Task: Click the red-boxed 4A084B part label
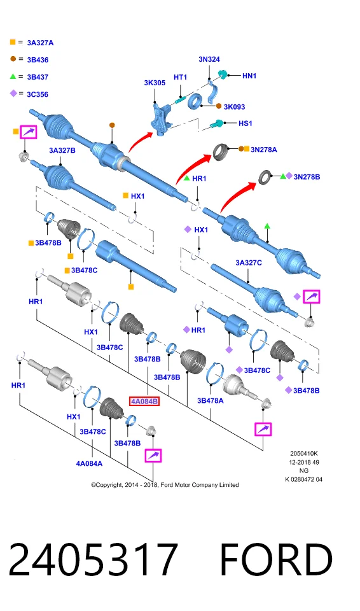point(144,401)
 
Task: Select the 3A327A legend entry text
point(40,43)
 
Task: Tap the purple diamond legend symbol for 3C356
point(13,93)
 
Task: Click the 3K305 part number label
point(155,83)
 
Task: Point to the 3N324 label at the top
point(209,59)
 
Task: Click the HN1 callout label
point(249,76)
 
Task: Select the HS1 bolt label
point(246,123)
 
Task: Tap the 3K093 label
point(234,107)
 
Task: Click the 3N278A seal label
point(264,150)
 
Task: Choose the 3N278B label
point(307,177)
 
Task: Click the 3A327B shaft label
point(62,150)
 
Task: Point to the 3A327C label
point(249,263)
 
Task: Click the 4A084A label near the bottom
point(89,463)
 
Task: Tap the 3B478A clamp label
point(211,400)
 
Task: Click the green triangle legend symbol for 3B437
point(13,76)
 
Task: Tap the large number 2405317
point(93,559)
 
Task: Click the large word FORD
point(276,559)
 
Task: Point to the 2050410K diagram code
point(304,454)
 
